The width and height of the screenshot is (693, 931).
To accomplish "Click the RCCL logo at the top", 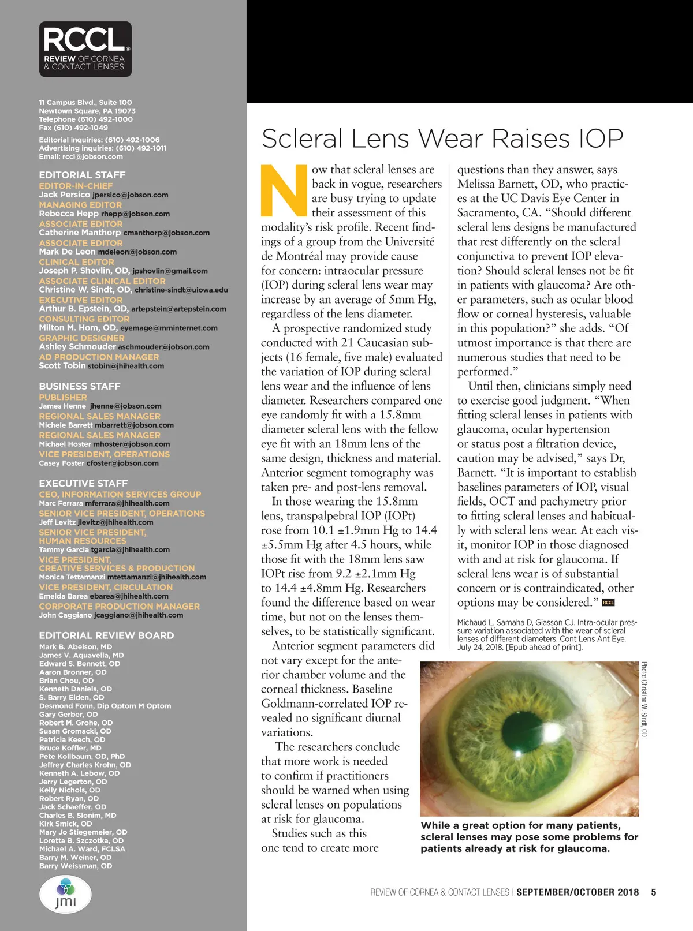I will (x=85, y=49).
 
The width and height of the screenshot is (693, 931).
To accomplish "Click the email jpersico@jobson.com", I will (x=131, y=195).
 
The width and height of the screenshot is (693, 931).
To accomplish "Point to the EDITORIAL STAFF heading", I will (x=82, y=175).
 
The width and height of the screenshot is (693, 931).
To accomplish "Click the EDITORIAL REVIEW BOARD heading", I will (x=106, y=635).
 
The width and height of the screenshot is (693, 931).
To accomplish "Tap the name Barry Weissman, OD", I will (x=76, y=866).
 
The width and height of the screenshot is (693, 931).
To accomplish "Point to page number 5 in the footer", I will (x=654, y=892).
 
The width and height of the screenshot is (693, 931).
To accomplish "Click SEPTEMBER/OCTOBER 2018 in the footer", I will (x=577, y=892).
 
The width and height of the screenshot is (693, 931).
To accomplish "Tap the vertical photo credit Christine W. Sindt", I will (x=644, y=699).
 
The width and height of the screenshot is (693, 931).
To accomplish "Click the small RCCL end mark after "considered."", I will (x=608, y=603).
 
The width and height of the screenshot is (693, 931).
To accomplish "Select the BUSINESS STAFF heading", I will (x=80, y=386).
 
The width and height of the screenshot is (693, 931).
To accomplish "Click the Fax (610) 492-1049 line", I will (x=73, y=128).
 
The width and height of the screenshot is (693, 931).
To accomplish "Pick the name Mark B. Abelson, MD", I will (x=76, y=647).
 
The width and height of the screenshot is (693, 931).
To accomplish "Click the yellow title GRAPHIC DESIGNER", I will (x=81, y=338).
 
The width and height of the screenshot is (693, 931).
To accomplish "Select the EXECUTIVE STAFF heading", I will (x=83, y=483).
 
